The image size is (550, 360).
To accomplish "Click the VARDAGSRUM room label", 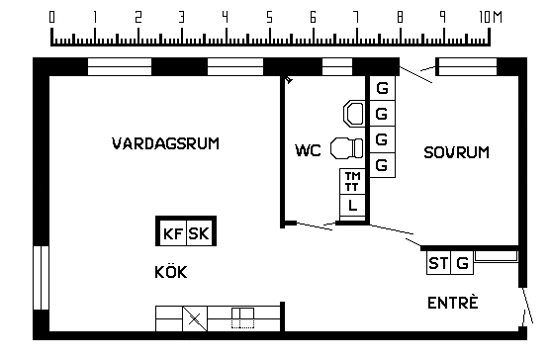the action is pyautogui.click(x=165, y=143).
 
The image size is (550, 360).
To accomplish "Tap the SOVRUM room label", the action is pyautogui.click(x=456, y=152).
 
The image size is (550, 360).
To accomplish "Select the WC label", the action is pyautogui.click(x=308, y=150).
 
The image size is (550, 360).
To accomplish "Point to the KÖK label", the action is pyautogui.click(x=171, y=272).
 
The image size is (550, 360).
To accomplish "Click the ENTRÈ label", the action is pyautogui.click(x=453, y=303).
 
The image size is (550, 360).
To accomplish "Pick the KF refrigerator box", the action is pyautogui.click(x=173, y=233).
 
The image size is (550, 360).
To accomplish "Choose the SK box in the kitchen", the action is pyautogui.click(x=199, y=233).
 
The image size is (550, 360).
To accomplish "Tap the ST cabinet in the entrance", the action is pyautogui.click(x=438, y=263).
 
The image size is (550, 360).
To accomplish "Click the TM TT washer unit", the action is pyautogui.click(x=352, y=182).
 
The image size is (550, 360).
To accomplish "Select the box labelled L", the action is pyautogui.click(x=352, y=206).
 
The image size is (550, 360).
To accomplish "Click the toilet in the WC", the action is pyautogui.click(x=347, y=148).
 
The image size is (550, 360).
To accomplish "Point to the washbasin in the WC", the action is pyautogui.click(x=353, y=114).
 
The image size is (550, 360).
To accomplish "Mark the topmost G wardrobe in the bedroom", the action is pyautogui.click(x=383, y=88).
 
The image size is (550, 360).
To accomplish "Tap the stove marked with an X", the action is pyautogui.click(x=195, y=318).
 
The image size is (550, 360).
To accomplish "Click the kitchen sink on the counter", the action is pyautogui.click(x=242, y=317).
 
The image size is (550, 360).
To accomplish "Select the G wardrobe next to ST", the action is pyautogui.click(x=462, y=263).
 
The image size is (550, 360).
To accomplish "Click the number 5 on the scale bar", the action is pyautogui.click(x=269, y=17).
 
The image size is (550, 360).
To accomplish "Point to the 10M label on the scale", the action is pyautogui.click(x=491, y=17).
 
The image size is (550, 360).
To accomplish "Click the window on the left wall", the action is pyautogui.click(x=41, y=278).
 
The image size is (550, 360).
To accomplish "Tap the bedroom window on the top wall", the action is pyautogui.click(x=468, y=66).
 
